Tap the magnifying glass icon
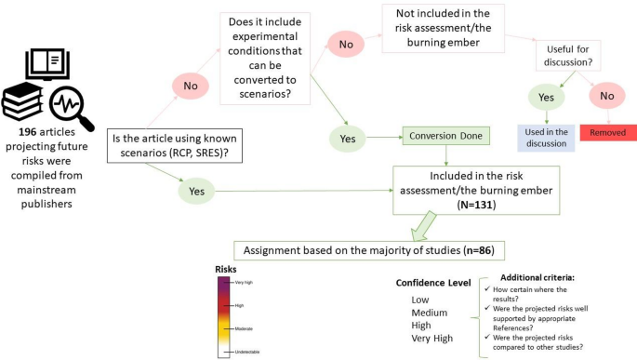point(72,103)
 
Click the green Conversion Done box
point(445,136)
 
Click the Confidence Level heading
point(431,283)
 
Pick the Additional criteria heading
point(541,277)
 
